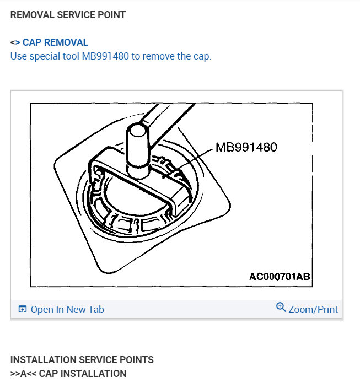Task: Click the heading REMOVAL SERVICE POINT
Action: point(68,15)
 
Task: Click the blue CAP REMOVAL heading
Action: point(55,42)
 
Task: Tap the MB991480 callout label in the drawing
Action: point(246,147)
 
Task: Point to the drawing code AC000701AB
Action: point(280,276)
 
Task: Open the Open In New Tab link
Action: point(67,310)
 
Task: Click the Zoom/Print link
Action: point(313,310)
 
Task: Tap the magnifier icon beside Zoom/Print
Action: point(281,308)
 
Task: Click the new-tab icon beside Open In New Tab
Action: point(23,310)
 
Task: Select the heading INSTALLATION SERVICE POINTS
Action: point(82,360)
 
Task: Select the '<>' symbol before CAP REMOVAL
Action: point(15,42)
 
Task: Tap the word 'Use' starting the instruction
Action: point(18,56)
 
